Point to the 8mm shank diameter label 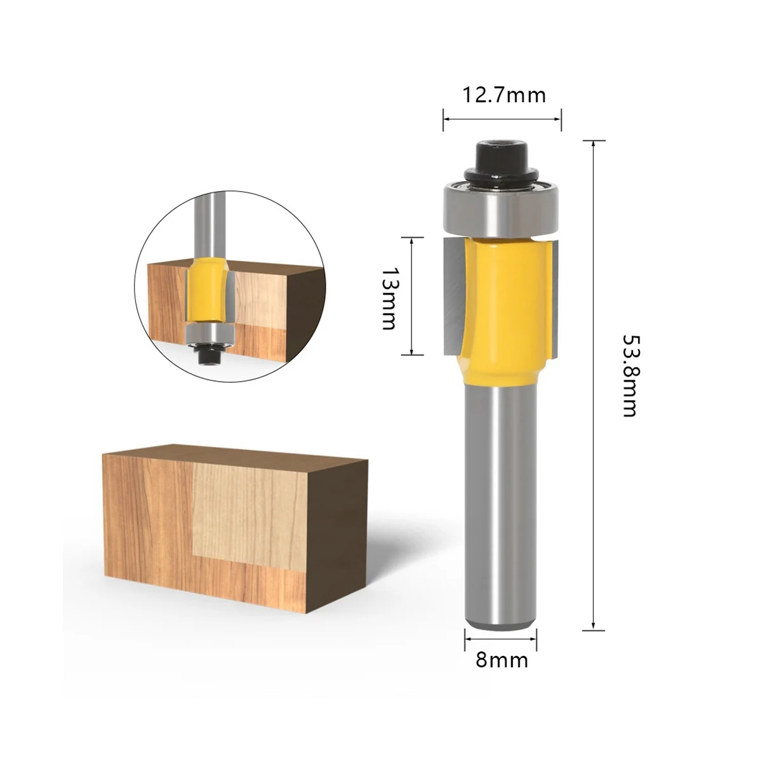(x=502, y=660)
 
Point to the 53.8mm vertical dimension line (x=593, y=381)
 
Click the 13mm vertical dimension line (x=413, y=295)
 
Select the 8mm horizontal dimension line (x=501, y=638)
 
